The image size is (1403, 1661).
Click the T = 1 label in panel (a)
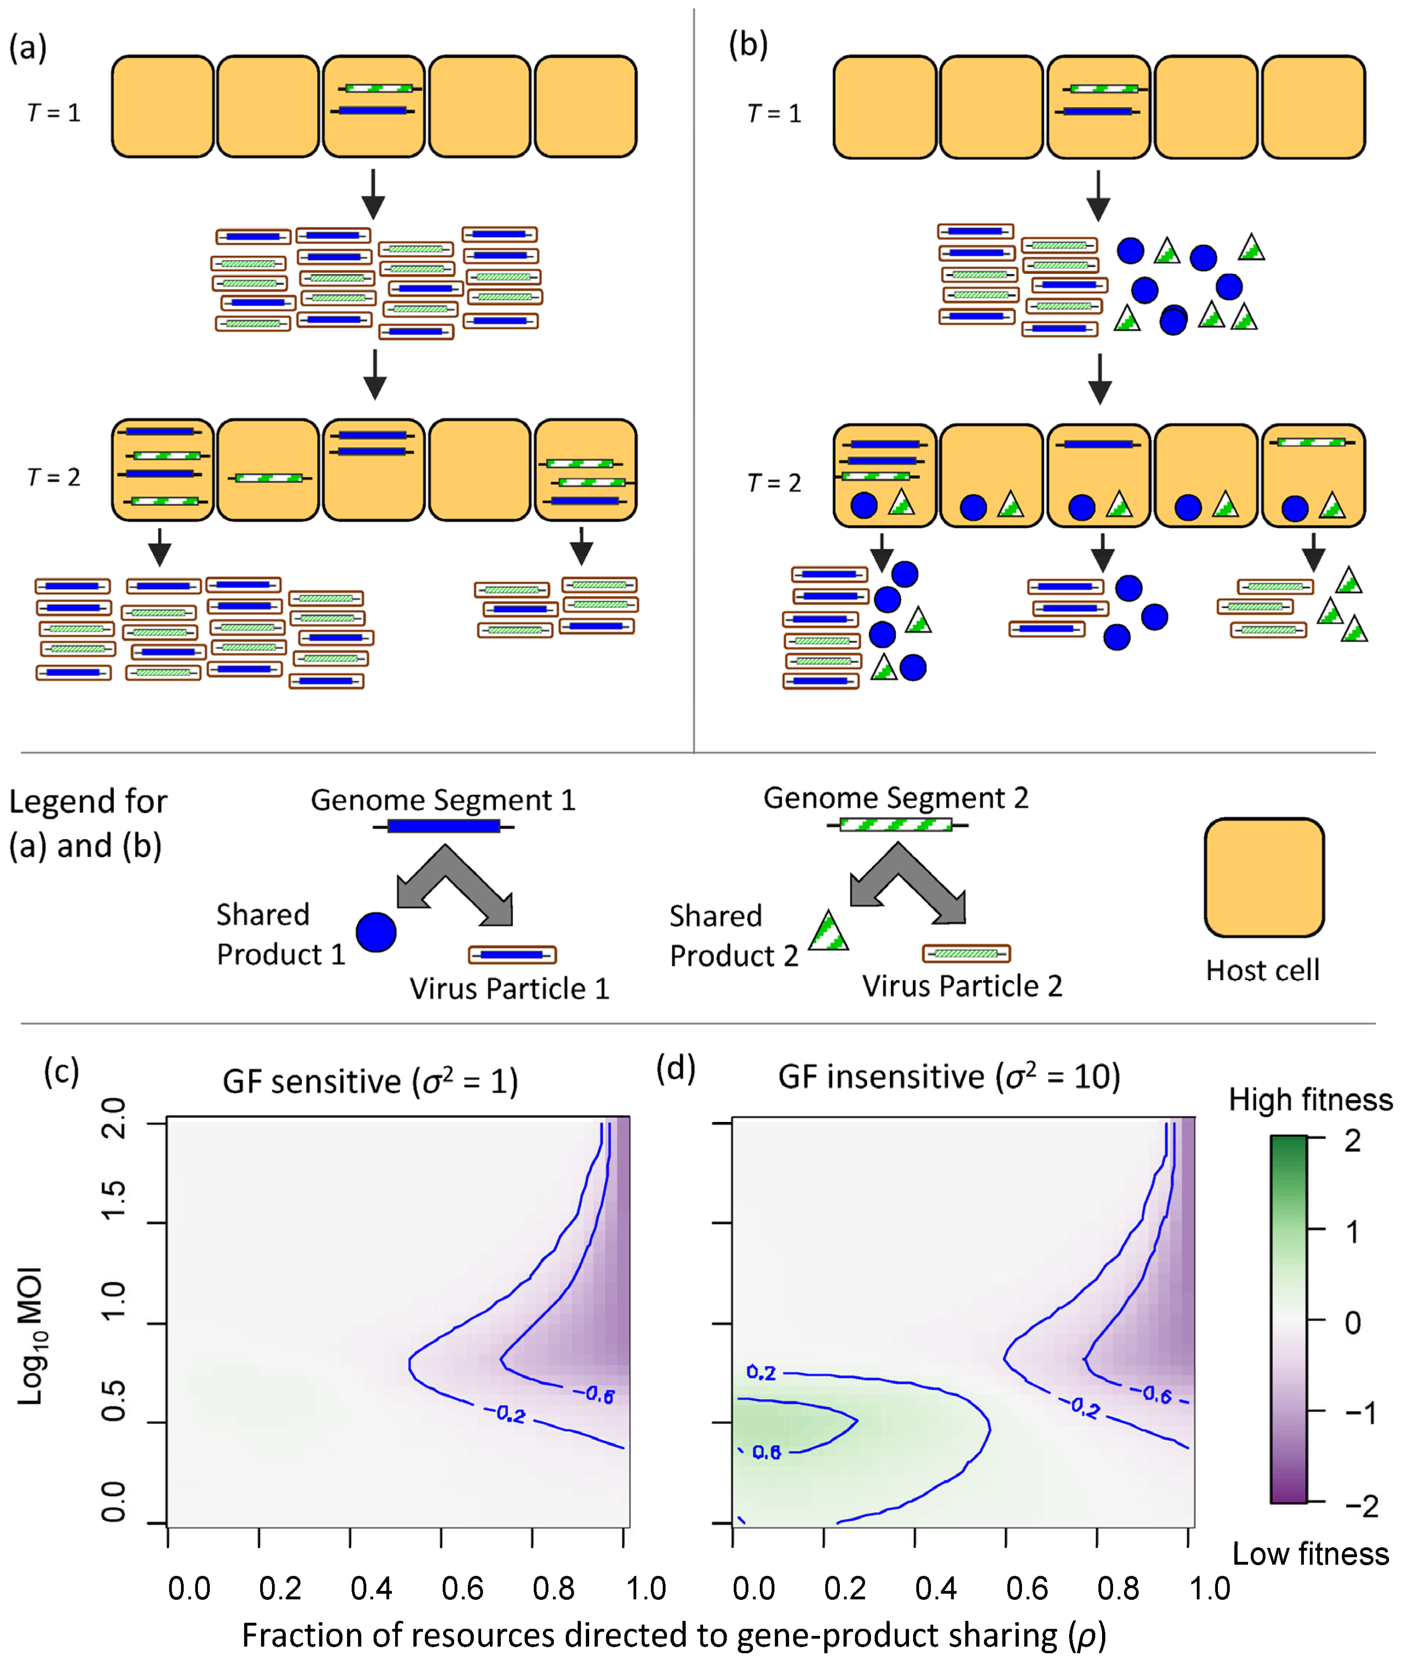(54, 113)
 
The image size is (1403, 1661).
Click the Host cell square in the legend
(1264, 878)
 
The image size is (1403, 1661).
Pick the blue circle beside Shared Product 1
(376, 932)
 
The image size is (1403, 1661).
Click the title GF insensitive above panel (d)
(949, 1077)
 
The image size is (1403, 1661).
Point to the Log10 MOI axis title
(32, 1337)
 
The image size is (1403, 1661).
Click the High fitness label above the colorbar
(1310, 1100)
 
